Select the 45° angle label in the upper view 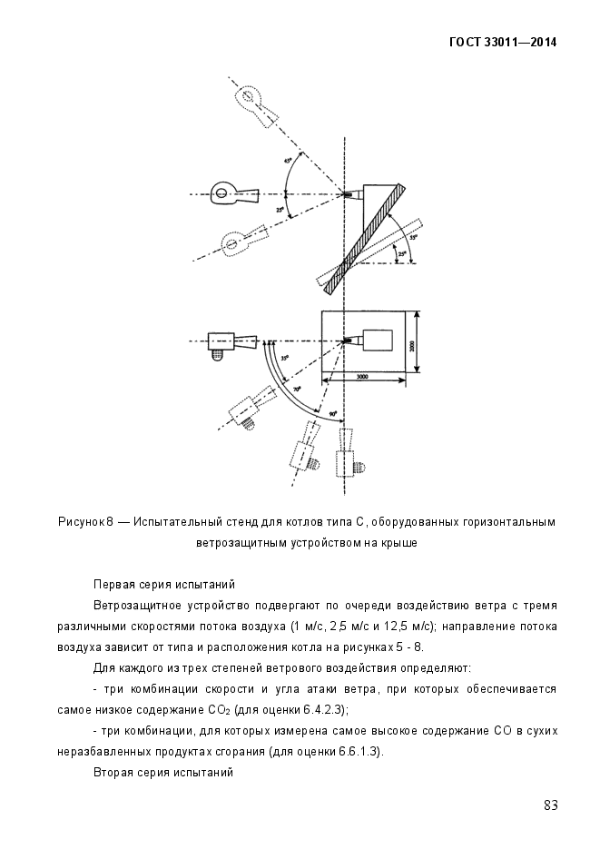pyautogui.click(x=289, y=161)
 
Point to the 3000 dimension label pyautogui.click(x=361, y=377)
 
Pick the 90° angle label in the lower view pyautogui.click(x=333, y=413)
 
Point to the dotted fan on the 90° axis pyautogui.click(x=347, y=458)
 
